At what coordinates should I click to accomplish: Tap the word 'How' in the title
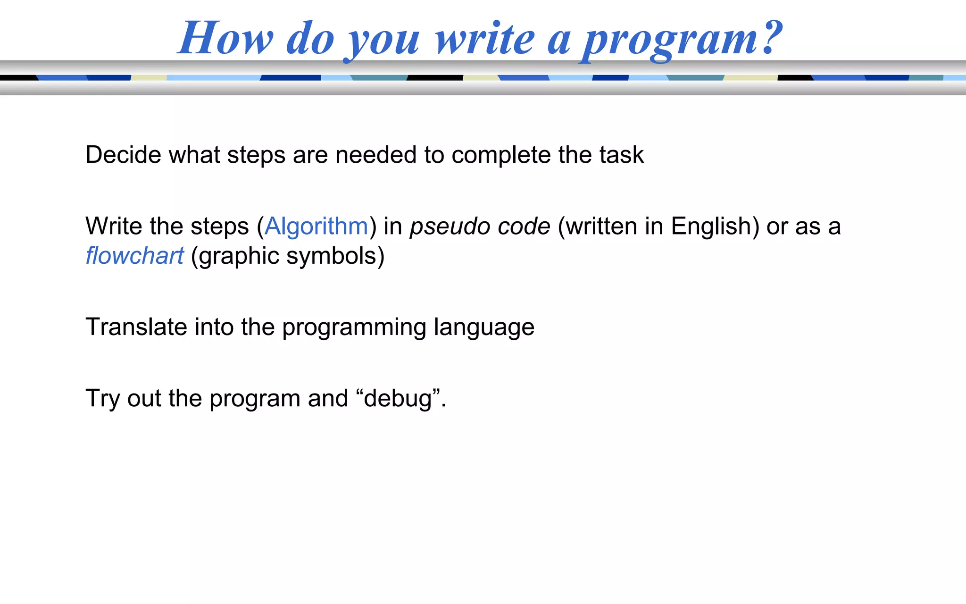point(225,39)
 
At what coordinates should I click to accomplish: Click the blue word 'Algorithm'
point(316,226)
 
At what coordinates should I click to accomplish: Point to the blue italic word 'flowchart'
point(134,256)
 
